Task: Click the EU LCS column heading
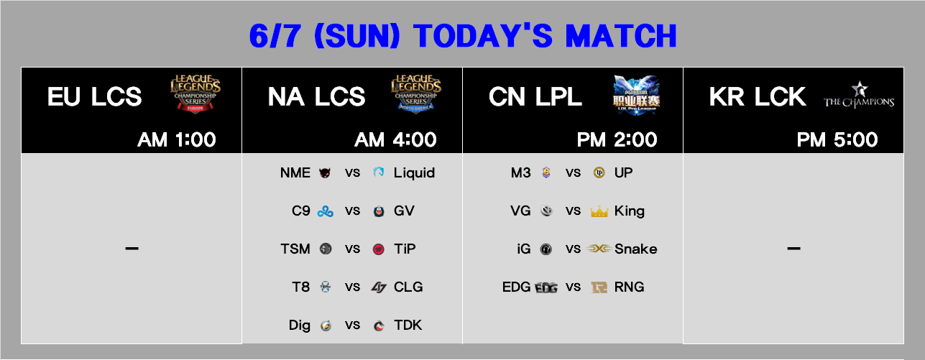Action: coord(95,97)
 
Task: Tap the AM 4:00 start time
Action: coord(395,139)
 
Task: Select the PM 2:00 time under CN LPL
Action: coord(617,139)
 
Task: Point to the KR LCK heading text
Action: coord(758,97)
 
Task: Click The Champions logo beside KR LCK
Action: coord(859,95)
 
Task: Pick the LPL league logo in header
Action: coord(636,95)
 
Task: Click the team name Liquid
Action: coord(414,172)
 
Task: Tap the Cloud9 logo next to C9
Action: coord(326,211)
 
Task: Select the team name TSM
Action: coord(295,249)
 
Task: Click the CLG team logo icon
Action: coord(379,287)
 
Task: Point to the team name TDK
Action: coord(408,326)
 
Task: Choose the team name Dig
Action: coord(300,326)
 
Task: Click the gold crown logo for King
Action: coord(599,212)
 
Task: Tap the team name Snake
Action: coord(635,249)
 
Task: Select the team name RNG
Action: coord(629,287)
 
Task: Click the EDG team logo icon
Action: coord(546,287)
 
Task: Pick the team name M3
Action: coord(521,172)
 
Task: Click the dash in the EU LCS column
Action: coord(132,249)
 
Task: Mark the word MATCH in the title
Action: coord(621,36)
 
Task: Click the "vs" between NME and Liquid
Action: coord(352,173)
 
